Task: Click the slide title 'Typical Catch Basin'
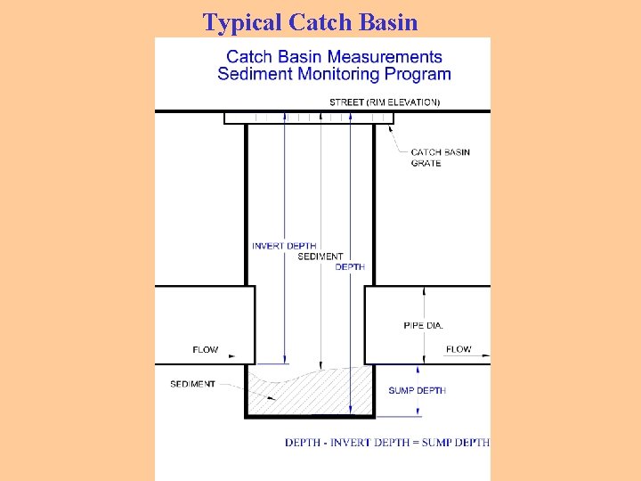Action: click(x=310, y=21)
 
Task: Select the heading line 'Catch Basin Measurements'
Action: click(x=334, y=58)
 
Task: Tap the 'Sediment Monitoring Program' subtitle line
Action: click(x=334, y=74)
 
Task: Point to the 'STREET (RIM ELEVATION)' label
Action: click(x=384, y=102)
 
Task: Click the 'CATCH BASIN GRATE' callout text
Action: click(x=440, y=158)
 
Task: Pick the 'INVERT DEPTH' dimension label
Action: click(x=283, y=246)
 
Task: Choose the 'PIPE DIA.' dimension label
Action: click(x=423, y=325)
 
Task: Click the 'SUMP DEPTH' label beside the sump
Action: click(x=417, y=390)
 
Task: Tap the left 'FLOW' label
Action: click(x=205, y=349)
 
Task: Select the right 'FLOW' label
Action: click(x=458, y=349)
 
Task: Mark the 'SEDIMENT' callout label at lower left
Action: click(x=192, y=384)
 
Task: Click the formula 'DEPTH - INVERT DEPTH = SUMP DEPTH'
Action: click(x=387, y=443)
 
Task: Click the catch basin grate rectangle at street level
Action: click(x=309, y=118)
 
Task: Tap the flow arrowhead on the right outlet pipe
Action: click(x=486, y=355)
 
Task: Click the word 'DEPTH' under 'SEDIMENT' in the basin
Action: click(x=350, y=266)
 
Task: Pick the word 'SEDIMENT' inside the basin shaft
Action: click(x=320, y=257)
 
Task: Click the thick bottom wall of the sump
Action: click(x=309, y=415)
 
